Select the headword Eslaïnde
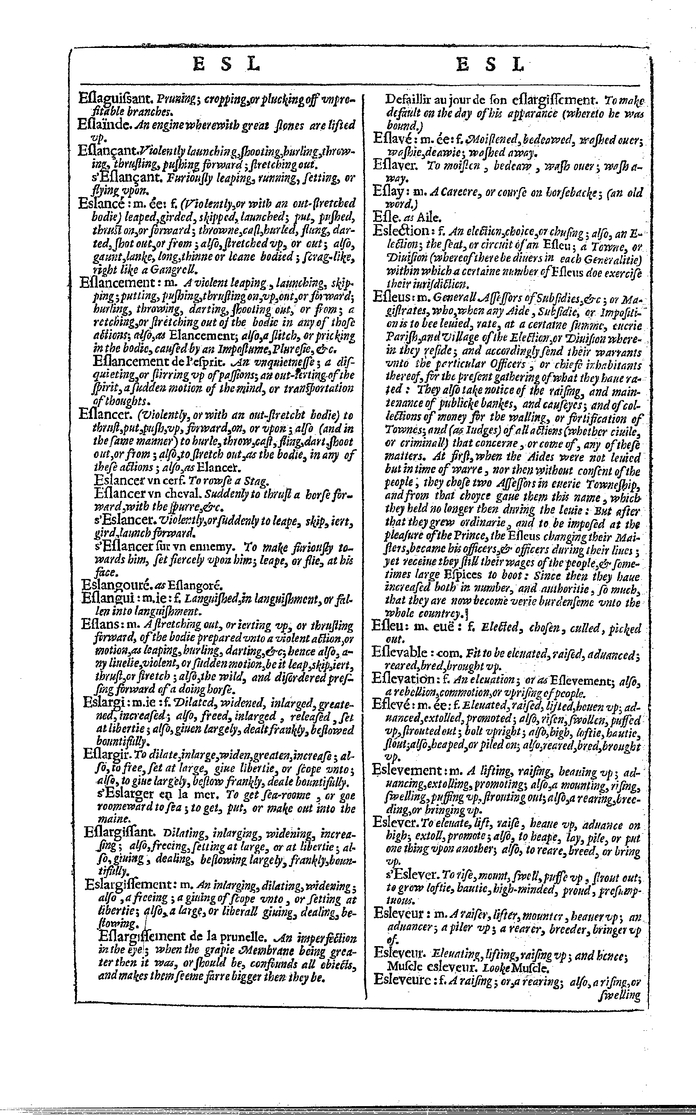(x=105, y=125)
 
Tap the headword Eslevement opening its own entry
(x=408, y=769)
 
